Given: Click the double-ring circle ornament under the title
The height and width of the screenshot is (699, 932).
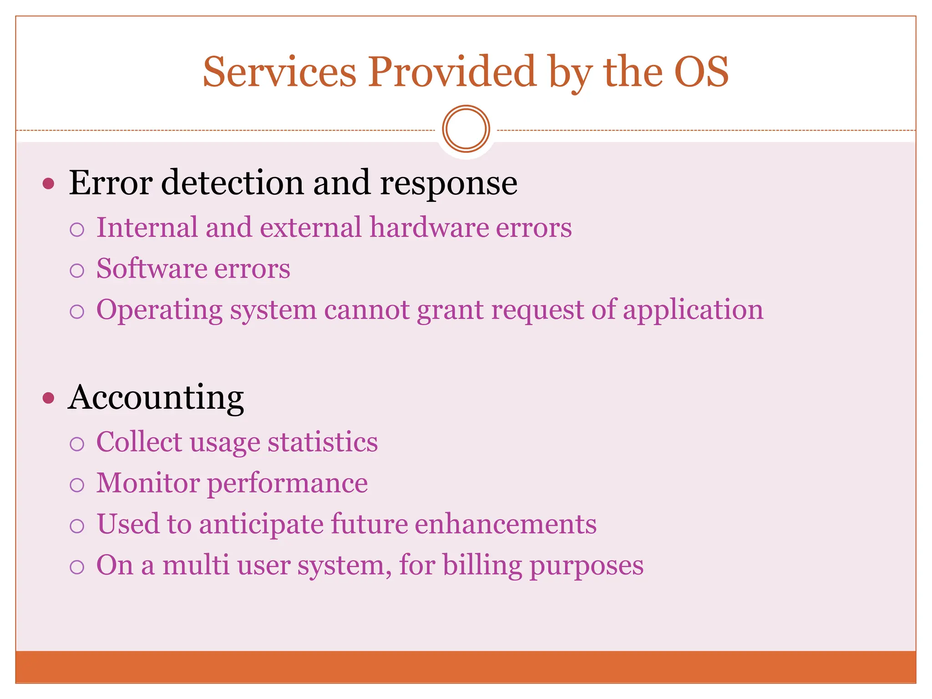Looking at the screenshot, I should tap(466, 129).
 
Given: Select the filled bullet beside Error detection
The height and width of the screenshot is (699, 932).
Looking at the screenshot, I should tap(48, 184).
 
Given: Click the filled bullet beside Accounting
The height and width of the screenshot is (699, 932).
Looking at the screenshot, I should tap(48, 398).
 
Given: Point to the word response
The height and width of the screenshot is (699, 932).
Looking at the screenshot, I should tap(448, 184).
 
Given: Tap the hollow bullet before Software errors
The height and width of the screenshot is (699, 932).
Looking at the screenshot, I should tap(77, 270).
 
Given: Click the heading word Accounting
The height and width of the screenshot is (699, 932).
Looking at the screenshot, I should tap(156, 398).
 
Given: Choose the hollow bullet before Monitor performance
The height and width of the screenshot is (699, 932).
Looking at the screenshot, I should tap(77, 485).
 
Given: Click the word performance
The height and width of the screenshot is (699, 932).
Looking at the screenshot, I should tap(288, 484).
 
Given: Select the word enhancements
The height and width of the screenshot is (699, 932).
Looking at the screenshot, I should tap(505, 524).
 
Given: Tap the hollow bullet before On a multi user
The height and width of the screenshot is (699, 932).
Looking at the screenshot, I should tap(77, 567).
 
